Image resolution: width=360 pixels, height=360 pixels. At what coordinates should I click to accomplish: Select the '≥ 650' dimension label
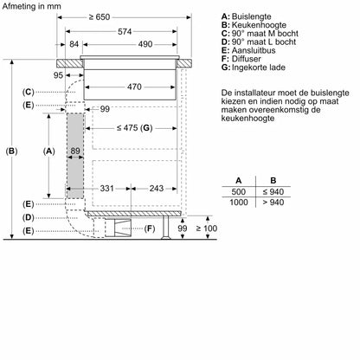click(104, 16)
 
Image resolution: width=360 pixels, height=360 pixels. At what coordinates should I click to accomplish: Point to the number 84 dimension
click(74, 44)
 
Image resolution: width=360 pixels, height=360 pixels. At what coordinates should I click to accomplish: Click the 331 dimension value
click(106, 188)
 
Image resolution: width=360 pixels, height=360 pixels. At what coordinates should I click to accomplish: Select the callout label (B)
click(11, 151)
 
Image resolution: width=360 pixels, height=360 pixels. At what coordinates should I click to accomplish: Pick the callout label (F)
click(150, 228)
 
